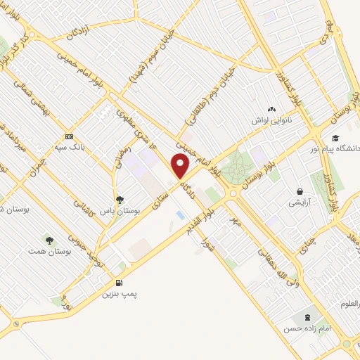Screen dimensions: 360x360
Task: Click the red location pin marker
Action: (181, 166)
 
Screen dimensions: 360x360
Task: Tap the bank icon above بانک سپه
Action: (69, 136)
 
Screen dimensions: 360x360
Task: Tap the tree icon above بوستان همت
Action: (49, 240)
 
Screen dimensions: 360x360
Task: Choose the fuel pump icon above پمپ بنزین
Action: (117, 284)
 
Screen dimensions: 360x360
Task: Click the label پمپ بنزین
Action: (117, 294)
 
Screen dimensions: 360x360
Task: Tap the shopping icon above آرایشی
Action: (300, 191)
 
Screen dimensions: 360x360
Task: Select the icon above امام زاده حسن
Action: (307, 317)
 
